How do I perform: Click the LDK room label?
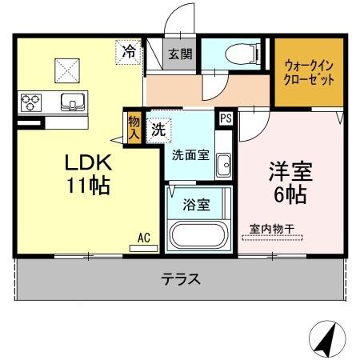coord(88,162)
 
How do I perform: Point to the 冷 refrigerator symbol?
coord(129,52)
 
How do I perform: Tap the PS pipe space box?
coord(226,118)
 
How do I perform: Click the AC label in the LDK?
coord(143,238)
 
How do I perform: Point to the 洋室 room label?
coord(289,171)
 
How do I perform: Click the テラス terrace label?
coord(180,280)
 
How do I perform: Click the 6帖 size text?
coord(289,194)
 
